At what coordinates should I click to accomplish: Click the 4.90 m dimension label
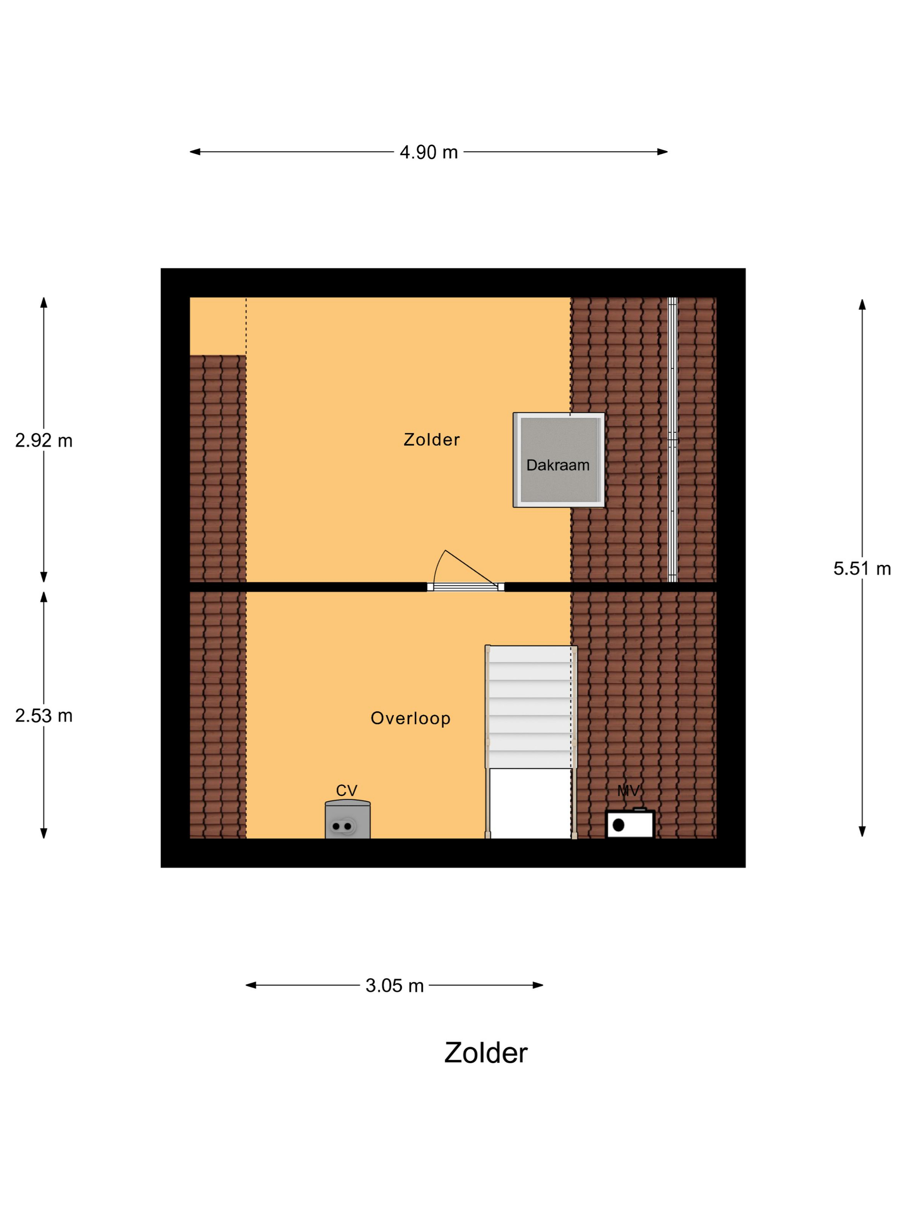pyautogui.click(x=429, y=152)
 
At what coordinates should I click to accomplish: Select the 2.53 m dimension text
pyautogui.click(x=44, y=715)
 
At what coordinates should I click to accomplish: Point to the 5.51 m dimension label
pyautogui.click(x=862, y=569)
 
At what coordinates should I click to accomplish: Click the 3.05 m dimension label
pyautogui.click(x=394, y=985)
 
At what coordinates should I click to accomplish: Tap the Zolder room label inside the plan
pyautogui.click(x=431, y=440)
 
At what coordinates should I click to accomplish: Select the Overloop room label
pyautogui.click(x=410, y=718)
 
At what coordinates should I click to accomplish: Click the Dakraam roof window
pyautogui.click(x=559, y=460)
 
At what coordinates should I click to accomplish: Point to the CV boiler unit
pyautogui.click(x=347, y=819)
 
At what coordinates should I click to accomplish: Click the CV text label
pyautogui.click(x=346, y=790)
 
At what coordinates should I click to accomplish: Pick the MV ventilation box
pyautogui.click(x=630, y=824)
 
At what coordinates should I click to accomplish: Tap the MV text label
pyautogui.click(x=628, y=790)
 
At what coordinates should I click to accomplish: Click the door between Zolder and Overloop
pyautogui.click(x=465, y=571)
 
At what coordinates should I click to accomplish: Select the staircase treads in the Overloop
pyautogui.click(x=530, y=707)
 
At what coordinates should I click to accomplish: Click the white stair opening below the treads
pyautogui.click(x=530, y=803)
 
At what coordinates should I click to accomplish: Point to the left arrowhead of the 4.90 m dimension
pyautogui.click(x=195, y=152)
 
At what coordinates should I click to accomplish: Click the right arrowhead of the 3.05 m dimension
pyautogui.click(x=538, y=985)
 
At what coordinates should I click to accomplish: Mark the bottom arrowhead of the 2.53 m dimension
pyautogui.click(x=44, y=833)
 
